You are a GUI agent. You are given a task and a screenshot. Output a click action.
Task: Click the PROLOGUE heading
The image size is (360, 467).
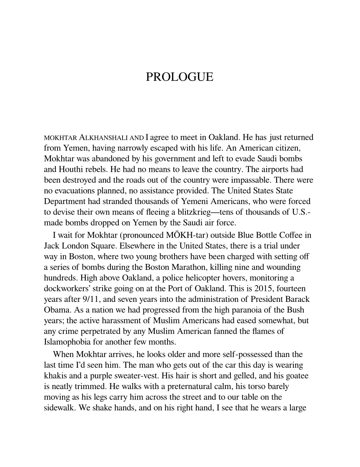click(180, 78)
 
